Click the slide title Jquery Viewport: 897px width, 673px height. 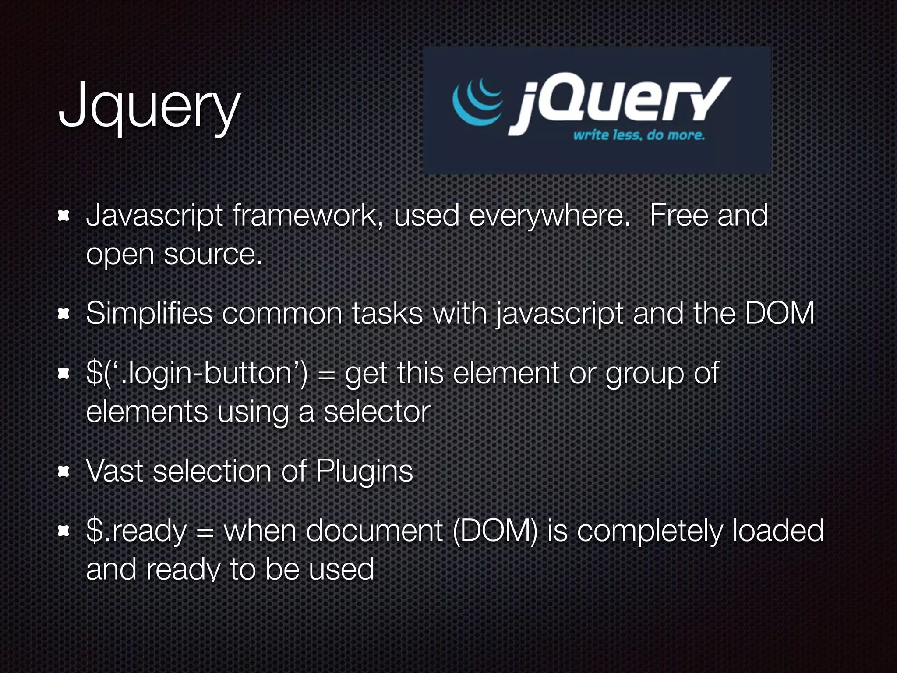(x=149, y=107)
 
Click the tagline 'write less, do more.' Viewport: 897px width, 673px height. (x=639, y=135)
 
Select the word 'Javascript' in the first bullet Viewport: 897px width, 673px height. (x=155, y=216)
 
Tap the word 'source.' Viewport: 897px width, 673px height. (x=213, y=254)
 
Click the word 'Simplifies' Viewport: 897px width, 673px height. (x=149, y=314)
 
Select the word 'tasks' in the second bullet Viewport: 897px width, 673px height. (x=387, y=314)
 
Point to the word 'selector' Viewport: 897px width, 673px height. (x=377, y=412)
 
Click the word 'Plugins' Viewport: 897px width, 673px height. (x=364, y=472)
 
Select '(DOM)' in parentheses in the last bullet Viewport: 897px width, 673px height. (x=495, y=531)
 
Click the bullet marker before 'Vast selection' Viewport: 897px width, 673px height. (x=64, y=471)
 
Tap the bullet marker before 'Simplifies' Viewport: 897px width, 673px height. (x=64, y=314)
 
